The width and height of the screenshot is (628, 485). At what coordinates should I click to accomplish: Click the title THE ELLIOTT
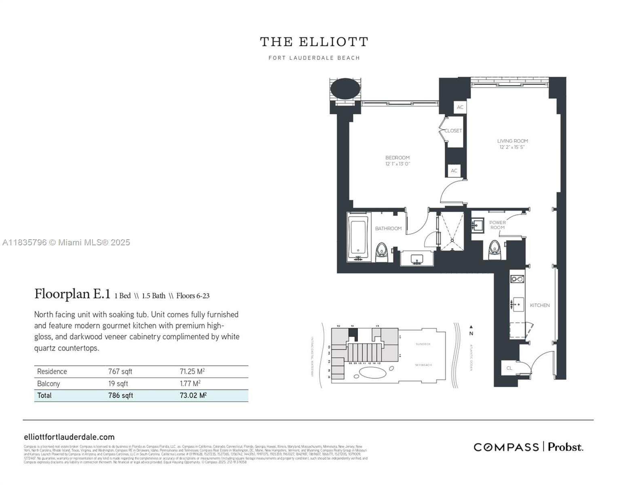click(x=314, y=42)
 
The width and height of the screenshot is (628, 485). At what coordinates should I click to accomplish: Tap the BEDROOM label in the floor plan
click(x=397, y=158)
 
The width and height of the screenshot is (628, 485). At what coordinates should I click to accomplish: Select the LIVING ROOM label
click(x=512, y=141)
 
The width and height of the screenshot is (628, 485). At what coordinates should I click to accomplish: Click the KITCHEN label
click(x=539, y=305)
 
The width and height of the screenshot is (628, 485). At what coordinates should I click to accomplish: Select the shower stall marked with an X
click(x=452, y=230)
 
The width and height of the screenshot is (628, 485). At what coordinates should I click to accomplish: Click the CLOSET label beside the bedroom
click(x=453, y=131)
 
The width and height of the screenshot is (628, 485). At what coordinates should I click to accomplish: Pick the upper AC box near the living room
click(x=460, y=107)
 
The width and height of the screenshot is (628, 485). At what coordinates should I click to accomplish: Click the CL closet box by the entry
click(x=509, y=368)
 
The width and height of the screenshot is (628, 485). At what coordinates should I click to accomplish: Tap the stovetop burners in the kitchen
click(x=517, y=278)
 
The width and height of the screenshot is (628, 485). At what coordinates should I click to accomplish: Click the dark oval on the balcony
click(x=345, y=89)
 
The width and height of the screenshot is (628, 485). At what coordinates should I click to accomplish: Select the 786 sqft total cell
click(x=121, y=395)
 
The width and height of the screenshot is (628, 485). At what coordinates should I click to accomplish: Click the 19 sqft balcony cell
click(x=118, y=384)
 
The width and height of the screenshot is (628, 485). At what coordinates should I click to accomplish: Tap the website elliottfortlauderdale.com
click(x=69, y=437)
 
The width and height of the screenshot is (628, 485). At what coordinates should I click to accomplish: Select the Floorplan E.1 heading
click(x=72, y=294)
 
